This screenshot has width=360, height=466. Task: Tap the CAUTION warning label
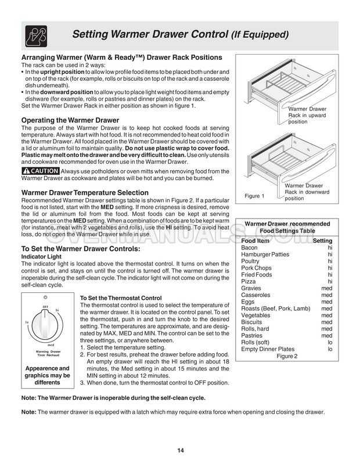coord(40,171)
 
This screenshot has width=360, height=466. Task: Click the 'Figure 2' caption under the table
coord(287,357)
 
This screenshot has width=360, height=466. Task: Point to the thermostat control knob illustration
coord(45,326)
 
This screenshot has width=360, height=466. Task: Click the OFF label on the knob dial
coord(45,306)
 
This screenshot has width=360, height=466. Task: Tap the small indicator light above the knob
coord(45,297)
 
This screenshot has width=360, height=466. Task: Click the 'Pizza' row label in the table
coord(249,281)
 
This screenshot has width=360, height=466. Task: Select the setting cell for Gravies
coord(327,288)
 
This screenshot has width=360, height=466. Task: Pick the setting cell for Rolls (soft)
coord(329,342)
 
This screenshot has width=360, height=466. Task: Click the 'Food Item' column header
coord(255,241)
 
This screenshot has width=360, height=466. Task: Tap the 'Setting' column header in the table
coord(322,241)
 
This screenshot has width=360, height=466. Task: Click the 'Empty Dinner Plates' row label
coord(268,349)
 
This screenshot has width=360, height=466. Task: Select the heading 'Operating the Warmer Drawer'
coord(70,120)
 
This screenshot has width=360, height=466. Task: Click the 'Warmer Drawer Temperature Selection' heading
coord(85,192)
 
